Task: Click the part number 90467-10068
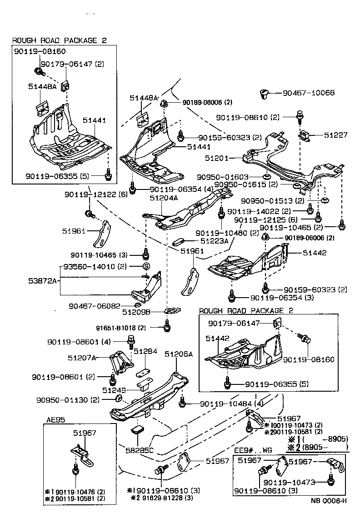[309, 93]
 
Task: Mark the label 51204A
[164, 198]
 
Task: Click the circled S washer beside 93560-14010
[147, 266]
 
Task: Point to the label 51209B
[148, 312]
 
